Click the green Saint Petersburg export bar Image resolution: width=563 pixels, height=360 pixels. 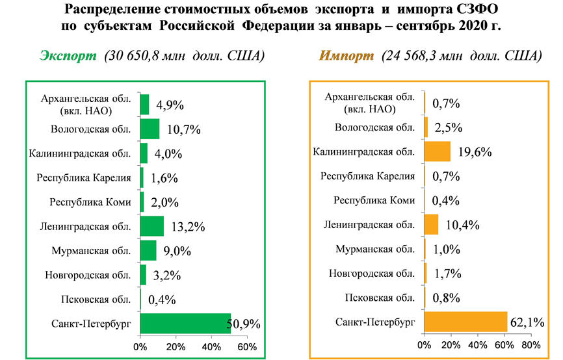tap(185, 323)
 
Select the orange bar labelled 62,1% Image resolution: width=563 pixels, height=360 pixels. tap(465, 322)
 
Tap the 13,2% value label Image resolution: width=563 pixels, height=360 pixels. tap(187, 227)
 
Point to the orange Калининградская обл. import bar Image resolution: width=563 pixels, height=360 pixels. tap(437, 152)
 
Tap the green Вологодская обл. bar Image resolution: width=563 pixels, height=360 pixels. tap(150, 129)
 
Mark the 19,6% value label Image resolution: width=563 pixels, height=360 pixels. tap(474, 153)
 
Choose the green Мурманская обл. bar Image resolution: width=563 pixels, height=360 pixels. tap(148, 250)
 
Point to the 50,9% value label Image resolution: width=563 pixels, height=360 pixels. tap(246, 324)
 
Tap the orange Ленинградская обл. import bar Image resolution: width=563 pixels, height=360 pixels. tap(431, 225)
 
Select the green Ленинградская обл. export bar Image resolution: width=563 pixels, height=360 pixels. tap(152, 226)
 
